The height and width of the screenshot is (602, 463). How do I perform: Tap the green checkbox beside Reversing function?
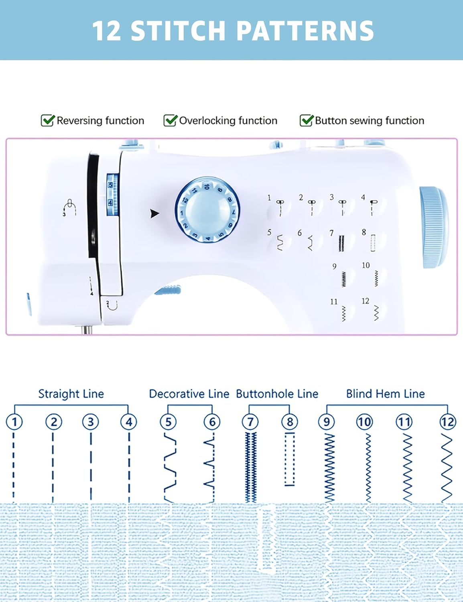pos(47,120)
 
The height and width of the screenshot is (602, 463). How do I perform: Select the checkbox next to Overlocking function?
pos(170,120)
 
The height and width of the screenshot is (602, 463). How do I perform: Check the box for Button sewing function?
pos(306,120)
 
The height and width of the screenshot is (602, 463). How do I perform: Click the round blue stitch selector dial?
pos(207,210)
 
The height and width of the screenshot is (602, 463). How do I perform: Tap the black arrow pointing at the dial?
pos(154,214)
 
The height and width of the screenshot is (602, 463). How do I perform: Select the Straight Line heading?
pos(71,394)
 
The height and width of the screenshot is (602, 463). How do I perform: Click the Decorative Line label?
pos(189,394)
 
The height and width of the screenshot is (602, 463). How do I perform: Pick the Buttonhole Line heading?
pos(277,394)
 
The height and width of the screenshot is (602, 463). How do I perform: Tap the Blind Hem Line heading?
pos(385,394)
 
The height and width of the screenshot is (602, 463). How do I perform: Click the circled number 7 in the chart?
pos(250,422)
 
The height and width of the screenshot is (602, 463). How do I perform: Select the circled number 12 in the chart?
pos(447,422)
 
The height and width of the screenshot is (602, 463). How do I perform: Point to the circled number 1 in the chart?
pos(14,422)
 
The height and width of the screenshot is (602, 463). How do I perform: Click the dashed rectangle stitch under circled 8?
pos(290,460)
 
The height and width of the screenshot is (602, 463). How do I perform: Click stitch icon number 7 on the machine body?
pos(341,242)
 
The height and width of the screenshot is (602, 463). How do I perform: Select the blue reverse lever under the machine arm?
pos(168,290)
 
